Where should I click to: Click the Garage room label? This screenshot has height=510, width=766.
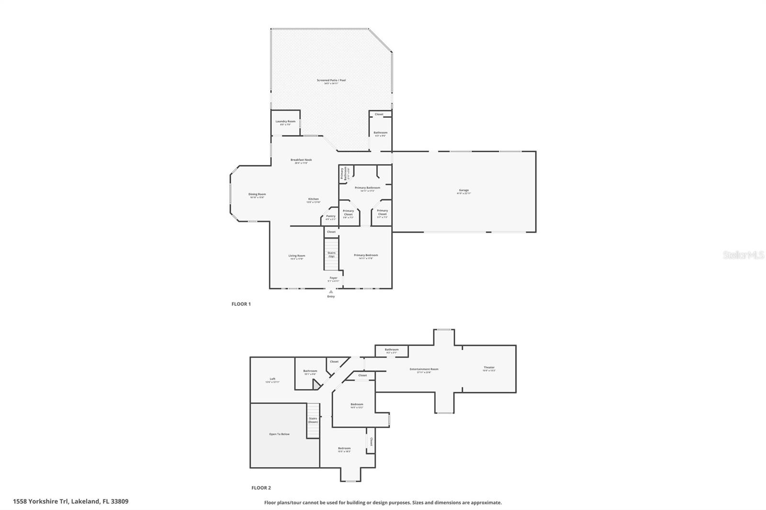463,190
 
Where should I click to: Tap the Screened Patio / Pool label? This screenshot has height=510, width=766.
331,80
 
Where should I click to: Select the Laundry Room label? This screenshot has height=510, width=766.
285,122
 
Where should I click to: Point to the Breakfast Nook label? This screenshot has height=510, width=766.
301,160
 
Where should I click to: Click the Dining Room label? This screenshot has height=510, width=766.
257,195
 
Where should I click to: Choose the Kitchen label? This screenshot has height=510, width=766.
313,199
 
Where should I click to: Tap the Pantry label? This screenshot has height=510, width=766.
331,216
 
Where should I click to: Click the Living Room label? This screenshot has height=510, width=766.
297,256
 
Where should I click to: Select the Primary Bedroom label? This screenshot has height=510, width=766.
366,255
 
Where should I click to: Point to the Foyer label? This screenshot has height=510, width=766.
333,278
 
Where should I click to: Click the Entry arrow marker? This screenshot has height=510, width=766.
331,291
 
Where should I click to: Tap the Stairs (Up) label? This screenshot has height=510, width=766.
331,255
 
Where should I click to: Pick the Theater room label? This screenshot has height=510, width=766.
489,367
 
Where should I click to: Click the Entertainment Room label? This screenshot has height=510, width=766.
424,369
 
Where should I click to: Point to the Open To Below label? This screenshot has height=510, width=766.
279,434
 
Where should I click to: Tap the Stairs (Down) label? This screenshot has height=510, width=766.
313,420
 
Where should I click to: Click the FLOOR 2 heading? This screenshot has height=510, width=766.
261,488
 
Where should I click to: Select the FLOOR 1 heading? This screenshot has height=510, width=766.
241,304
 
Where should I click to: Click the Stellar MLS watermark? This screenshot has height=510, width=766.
743,255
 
